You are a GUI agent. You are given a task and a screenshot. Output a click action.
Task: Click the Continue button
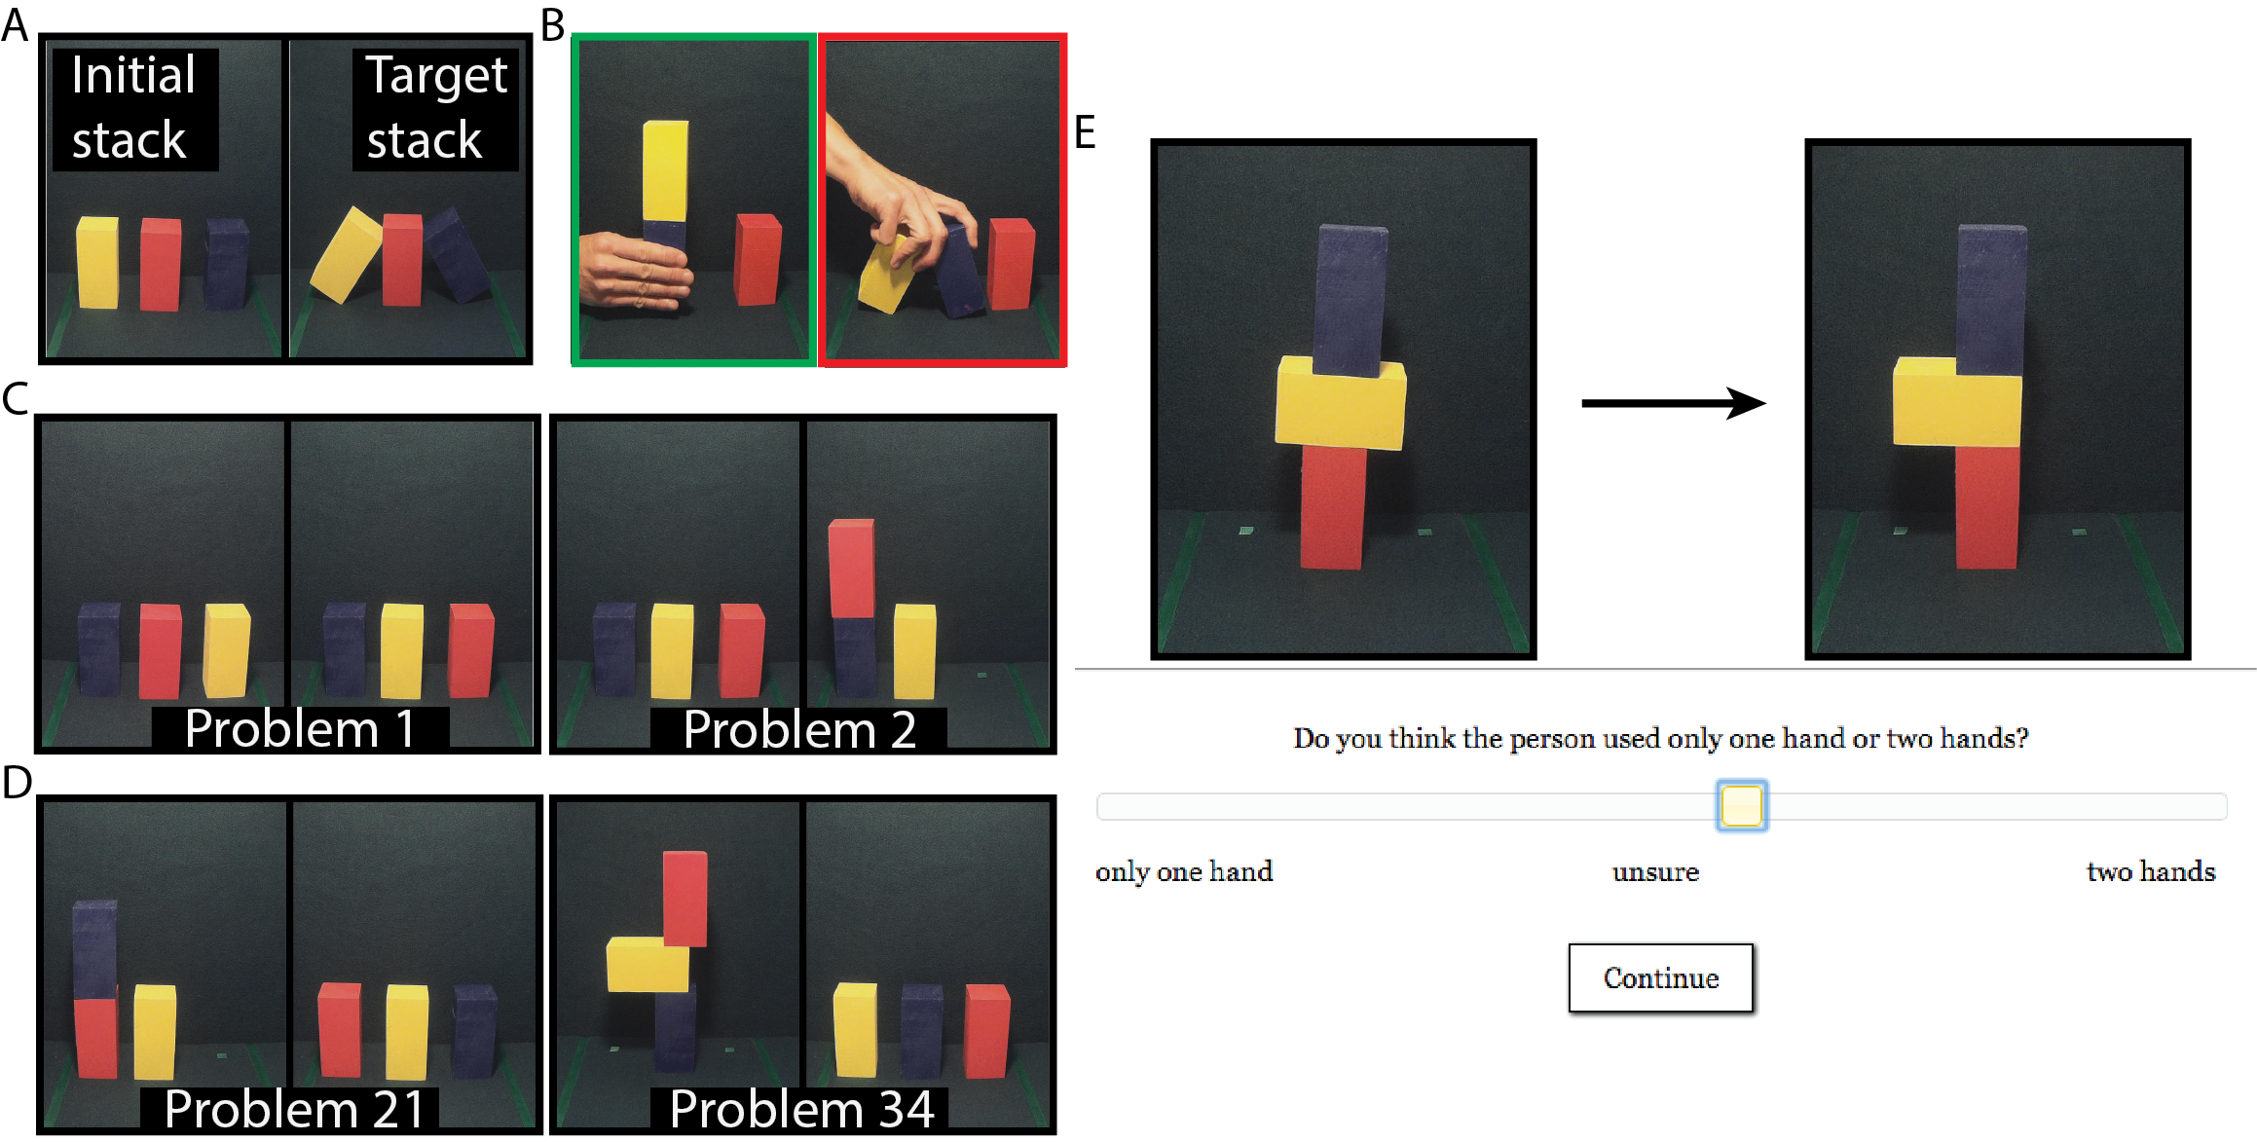click(1660, 977)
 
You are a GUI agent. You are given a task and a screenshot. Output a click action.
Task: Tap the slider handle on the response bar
click(1742, 805)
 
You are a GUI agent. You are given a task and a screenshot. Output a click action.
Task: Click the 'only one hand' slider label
click(1184, 871)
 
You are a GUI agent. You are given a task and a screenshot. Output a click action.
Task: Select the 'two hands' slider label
click(2151, 871)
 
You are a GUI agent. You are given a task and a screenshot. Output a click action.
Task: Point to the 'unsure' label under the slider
click(1655, 872)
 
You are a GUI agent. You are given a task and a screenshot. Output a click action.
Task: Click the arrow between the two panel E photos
click(1674, 402)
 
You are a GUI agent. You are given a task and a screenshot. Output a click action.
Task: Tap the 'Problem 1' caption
click(300, 728)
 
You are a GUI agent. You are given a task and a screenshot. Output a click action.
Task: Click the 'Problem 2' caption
click(799, 729)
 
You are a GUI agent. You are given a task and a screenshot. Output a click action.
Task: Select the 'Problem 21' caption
click(294, 1109)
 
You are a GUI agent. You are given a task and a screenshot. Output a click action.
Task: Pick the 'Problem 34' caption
click(801, 1109)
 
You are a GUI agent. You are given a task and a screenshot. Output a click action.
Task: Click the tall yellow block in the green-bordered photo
click(665, 170)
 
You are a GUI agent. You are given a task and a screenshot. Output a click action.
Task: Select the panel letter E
click(1085, 132)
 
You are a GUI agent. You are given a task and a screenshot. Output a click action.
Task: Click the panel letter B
click(552, 25)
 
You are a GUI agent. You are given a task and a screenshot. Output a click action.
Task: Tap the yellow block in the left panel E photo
click(1341, 403)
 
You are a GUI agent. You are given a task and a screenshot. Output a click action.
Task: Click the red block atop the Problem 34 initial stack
click(685, 899)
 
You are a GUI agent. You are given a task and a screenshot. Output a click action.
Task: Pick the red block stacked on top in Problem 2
click(851, 568)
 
